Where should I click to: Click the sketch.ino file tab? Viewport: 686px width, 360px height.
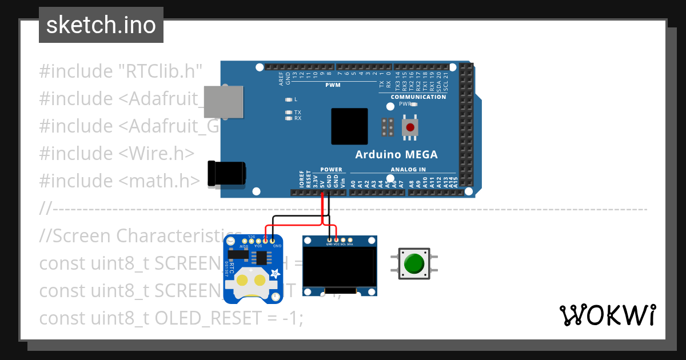[101, 25]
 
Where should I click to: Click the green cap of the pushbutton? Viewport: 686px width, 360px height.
[414, 263]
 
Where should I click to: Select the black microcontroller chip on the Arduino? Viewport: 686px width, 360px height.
[349, 126]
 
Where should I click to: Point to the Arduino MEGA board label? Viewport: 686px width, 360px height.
[396, 154]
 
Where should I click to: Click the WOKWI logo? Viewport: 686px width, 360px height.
[607, 315]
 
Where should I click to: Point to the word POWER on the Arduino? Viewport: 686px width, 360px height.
[331, 170]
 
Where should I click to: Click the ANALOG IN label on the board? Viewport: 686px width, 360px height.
[408, 170]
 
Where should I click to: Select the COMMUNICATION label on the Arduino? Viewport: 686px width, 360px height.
[418, 97]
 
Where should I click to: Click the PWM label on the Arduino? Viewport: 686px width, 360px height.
[333, 85]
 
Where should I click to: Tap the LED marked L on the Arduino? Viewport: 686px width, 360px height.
[289, 99]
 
